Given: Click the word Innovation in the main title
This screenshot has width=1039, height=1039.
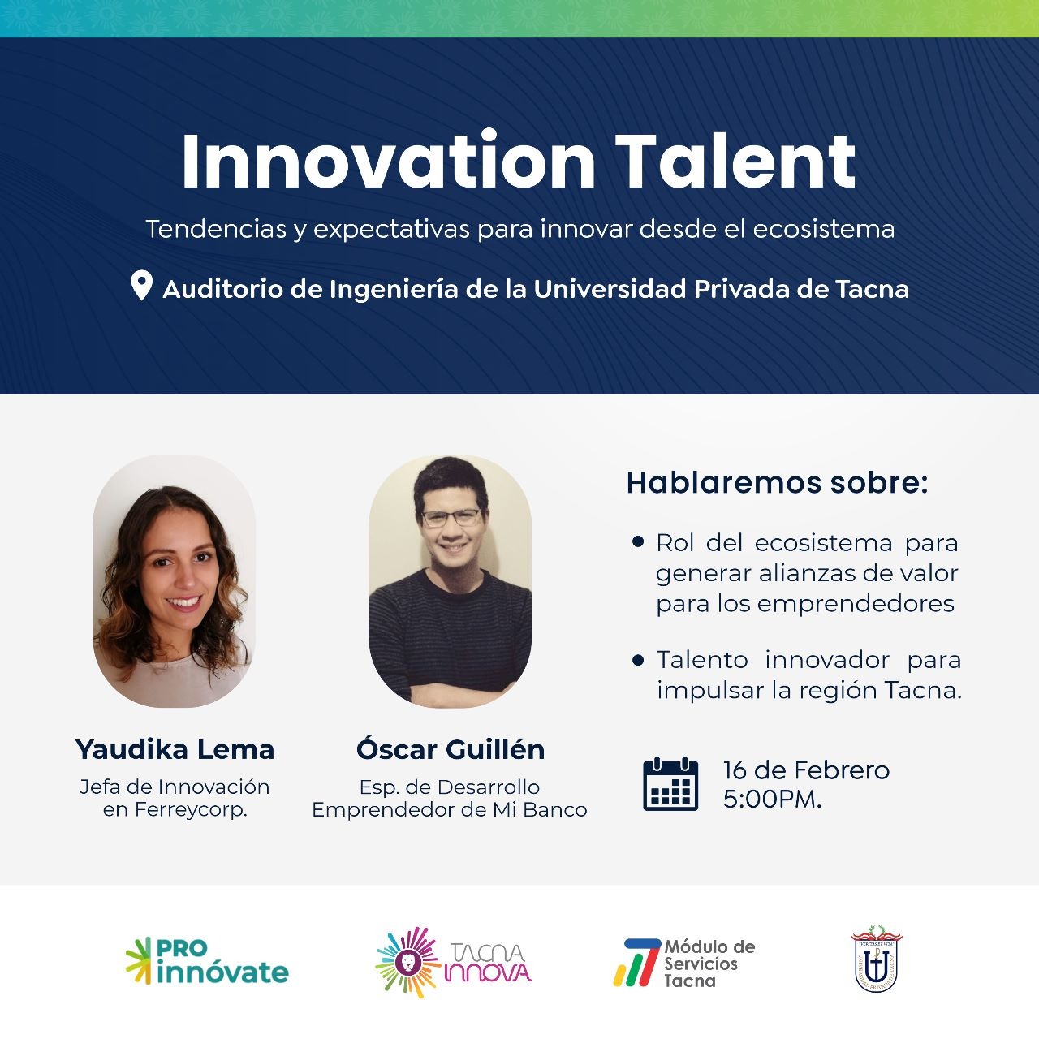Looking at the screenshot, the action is pyautogui.click(x=388, y=160).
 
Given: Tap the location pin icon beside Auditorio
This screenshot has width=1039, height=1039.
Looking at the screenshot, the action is pyautogui.click(x=141, y=285).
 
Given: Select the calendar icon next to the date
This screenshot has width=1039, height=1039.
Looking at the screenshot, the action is pyautogui.click(x=670, y=784).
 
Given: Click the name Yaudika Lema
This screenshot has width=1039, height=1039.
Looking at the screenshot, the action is pyautogui.click(x=175, y=749).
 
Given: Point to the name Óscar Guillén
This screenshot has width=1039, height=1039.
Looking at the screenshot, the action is pyautogui.click(x=451, y=748).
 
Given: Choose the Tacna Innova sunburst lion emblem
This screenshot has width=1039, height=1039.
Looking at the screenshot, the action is pyautogui.click(x=408, y=963).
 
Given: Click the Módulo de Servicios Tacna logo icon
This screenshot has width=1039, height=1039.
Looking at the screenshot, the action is pyautogui.click(x=636, y=964).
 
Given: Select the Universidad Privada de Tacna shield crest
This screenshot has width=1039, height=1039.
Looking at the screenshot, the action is pyautogui.click(x=876, y=961).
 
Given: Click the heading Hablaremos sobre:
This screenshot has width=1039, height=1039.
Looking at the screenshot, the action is pyautogui.click(x=777, y=482).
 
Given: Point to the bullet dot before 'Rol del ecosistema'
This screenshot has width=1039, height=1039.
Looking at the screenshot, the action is pyautogui.click(x=638, y=542).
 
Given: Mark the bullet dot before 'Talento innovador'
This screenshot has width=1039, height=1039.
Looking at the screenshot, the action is pyautogui.click(x=638, y=660).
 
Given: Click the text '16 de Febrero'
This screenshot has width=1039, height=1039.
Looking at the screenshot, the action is pyautogui.click(x=806, y=770).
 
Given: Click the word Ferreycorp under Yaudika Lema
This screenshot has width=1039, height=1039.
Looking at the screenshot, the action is pyautogui.click(x=190, y=810).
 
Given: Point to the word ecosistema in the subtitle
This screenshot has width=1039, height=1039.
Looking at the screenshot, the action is pyautogui.click(x=823, y=229).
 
